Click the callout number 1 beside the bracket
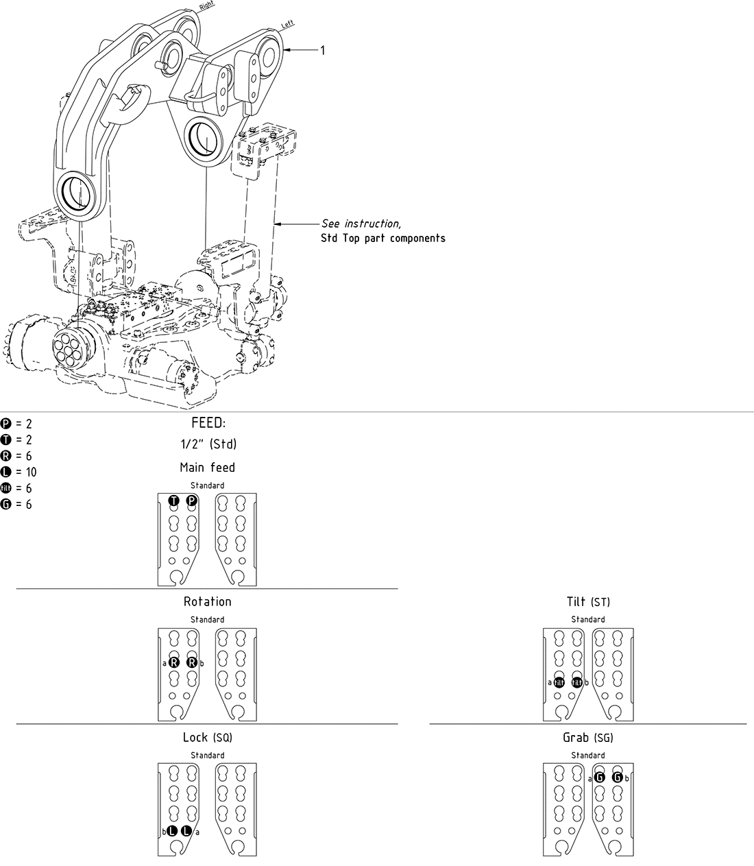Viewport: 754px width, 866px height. click(323, 50)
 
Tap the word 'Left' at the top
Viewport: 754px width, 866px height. click(287, 25)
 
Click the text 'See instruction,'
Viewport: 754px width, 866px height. click(361, 224)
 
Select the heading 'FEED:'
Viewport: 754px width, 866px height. click(208, 423)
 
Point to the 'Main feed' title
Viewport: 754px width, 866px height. click(207, 468)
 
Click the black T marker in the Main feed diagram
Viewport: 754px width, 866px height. click(174, 501)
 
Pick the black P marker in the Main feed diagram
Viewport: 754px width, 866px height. click(192, 501)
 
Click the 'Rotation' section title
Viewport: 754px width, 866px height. click(207, 602)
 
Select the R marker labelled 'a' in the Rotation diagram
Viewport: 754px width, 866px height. click(174, 662)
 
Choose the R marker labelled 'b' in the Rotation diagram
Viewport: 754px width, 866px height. click(192, 662)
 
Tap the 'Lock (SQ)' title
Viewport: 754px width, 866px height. click(207, 738)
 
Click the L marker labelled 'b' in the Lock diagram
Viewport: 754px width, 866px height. click(173, 832)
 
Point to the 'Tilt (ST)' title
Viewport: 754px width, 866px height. click(587, 602)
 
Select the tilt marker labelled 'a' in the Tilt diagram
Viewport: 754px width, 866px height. click(559, 682)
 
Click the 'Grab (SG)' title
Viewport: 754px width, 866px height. click(587, 738)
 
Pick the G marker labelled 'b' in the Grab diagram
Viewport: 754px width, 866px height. click(617, 778)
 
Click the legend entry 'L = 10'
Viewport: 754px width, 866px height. click(19, 472)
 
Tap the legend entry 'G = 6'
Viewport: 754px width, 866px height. click(16, 505)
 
